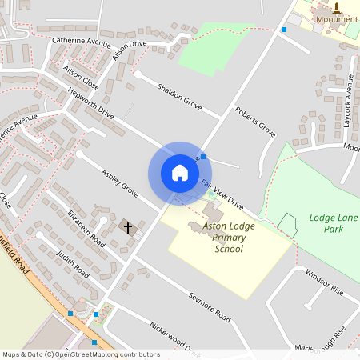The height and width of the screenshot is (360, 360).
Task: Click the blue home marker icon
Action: point(180,173)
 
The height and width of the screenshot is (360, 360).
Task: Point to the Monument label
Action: point(337,19)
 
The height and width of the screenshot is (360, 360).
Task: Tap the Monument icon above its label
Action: point(337,7)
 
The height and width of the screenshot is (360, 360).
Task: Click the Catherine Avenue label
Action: point(81,40)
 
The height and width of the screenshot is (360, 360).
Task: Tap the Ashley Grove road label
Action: point(119,183)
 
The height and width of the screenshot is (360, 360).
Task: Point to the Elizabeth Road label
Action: point(86,228)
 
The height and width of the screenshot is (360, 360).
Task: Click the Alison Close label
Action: point(80,76)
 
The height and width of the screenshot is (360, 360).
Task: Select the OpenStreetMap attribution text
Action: point(81,354)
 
